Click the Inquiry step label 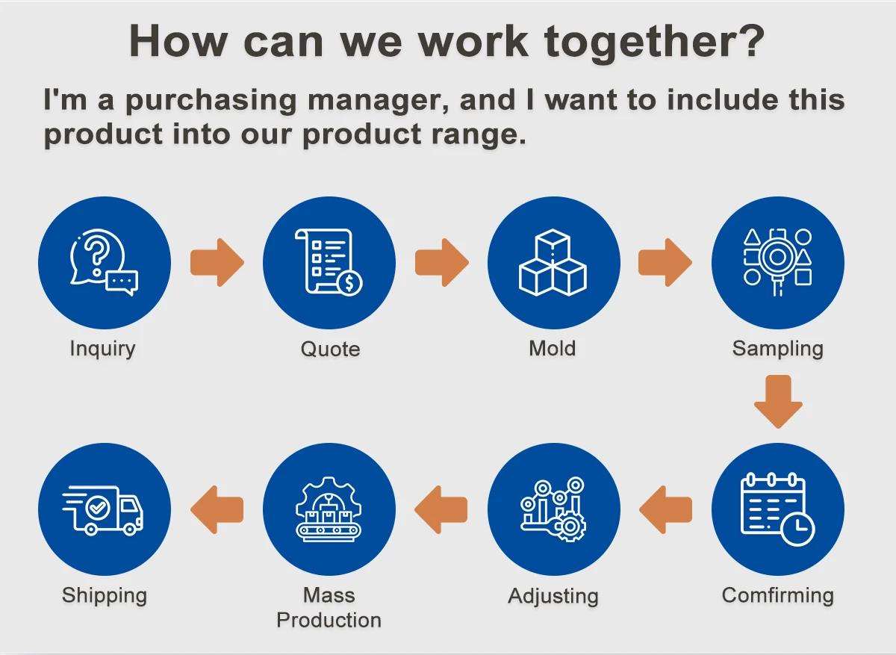point(102,348)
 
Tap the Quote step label point(330,349)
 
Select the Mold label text point(553,348)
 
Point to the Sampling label point(777,349)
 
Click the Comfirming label point(777,595)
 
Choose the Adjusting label point(553,596)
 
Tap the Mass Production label point(329,607)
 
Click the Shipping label point(105,595)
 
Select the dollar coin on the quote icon point(349,283)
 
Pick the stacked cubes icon point(553,262)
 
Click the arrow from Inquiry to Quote point(217,262)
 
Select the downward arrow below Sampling point(777,402)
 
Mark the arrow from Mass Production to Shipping point(217,509)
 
